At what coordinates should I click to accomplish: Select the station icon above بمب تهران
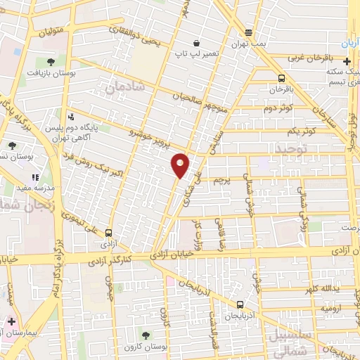[248, 32]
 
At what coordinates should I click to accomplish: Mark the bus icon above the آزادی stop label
[108, 233]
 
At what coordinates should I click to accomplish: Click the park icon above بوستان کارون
[146, 335]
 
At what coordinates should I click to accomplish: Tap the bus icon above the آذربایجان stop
[240, 305]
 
